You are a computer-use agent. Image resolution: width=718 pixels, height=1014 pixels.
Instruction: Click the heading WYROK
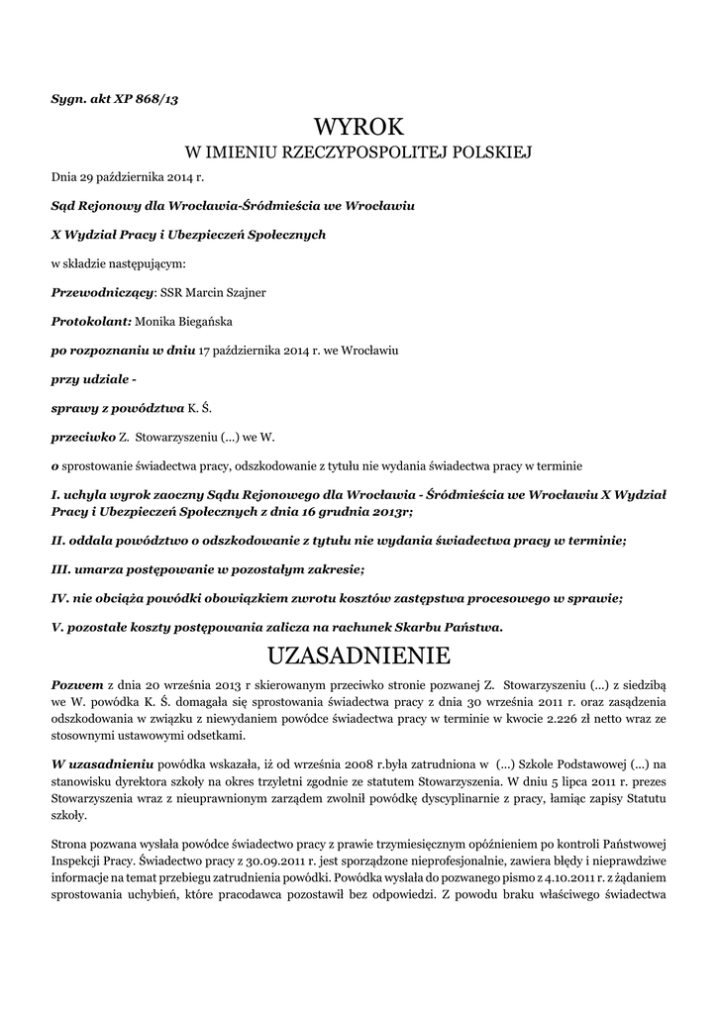(359, 126)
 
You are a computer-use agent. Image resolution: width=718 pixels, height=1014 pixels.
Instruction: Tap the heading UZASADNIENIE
(359, 655)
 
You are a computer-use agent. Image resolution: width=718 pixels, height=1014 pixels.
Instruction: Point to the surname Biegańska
(200, 321)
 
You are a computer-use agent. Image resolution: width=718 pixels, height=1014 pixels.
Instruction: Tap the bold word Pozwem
(77, 684)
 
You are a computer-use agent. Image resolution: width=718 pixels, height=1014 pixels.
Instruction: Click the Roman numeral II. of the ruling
(57, 540)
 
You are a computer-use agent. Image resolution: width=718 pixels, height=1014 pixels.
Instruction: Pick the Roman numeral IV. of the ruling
(59, 597)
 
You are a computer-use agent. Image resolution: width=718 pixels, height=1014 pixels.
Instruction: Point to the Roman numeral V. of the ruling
(56, 626)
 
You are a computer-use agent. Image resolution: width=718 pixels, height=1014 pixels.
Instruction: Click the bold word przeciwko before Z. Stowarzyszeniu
(82, 436)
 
